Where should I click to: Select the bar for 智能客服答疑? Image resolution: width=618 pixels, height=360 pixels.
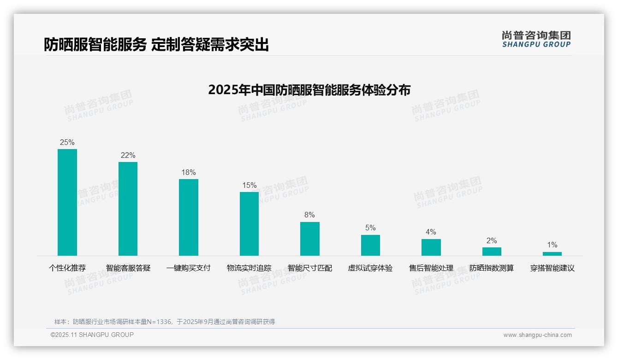[x=128, y=209]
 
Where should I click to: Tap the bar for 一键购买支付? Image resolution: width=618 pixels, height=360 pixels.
[x=189, y=217]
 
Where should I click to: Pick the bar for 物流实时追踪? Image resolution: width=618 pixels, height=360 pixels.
[x=249, y=224]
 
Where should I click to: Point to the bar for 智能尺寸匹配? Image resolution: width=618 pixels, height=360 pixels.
[x=309, y=239]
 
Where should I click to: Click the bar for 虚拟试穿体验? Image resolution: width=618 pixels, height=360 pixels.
[x=370, y=245]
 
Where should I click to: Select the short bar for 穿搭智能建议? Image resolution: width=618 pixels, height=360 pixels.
[x=552, y=253]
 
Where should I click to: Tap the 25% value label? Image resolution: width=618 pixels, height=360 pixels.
[x=67, y=142]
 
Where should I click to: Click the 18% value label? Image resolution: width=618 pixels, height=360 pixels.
[x=189, y=173]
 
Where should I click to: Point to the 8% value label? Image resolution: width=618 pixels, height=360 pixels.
[x=309, y=215]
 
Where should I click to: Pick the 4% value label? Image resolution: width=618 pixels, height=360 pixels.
[x=431, y=232]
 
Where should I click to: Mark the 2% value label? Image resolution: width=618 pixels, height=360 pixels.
[x=492, y=241]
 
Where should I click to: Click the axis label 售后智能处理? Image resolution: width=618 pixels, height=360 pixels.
[x=431, y=268]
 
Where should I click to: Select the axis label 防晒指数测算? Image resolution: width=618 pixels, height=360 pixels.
[x=492, y=268]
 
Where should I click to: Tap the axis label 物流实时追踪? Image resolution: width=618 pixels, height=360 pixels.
[x=249, y=268]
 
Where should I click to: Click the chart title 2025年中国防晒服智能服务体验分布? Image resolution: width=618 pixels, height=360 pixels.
[x=309, y=90]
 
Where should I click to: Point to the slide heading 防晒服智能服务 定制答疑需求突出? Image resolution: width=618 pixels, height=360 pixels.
[x=156, y=45]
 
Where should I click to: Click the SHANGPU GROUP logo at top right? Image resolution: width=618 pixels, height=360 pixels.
[x=536, y=39]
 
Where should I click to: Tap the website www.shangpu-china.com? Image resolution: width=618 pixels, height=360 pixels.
[x=537, y=335]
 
